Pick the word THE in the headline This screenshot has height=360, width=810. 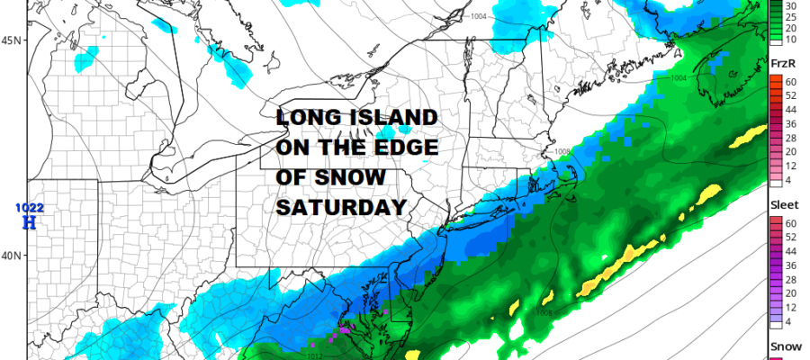tap(355, 149)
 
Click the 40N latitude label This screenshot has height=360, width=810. tap(13, 256)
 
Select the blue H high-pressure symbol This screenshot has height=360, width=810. tap(28, 221)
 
